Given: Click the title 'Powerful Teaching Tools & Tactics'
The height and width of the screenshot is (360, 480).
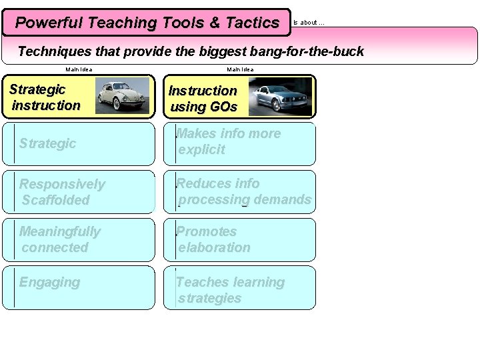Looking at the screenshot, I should pyautogui.click(x=147, y=23).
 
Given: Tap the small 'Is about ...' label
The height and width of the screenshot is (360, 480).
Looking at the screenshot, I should pyautogui.click(x=309, y=23).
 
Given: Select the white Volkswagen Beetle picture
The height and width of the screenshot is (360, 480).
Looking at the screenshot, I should pyautogui.click(x=122, y=95).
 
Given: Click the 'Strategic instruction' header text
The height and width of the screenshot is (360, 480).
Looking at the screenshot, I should pyautogui.click(x=45, y=97).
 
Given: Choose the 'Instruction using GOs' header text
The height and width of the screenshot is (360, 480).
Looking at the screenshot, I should pyautogui.click(x=203, y=99).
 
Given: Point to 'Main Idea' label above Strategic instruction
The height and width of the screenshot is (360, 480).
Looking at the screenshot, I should pyautogui.click(x=79, y=69).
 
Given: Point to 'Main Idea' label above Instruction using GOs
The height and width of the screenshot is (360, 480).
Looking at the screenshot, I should pyautogui.click(x=240, y=69).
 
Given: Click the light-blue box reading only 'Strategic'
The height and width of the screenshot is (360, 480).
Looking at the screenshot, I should pyautogui.click(x=79, y=143).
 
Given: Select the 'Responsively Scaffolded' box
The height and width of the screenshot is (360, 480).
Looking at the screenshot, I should pyautogui.click(x=79, y=192).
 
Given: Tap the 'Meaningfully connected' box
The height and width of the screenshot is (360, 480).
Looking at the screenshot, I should pyautogui.click(x=79, y=240).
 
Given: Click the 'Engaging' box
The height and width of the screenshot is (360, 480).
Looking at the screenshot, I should pyautogui.click(x=79, y=288).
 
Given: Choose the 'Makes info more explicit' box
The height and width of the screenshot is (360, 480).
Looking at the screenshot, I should pyautogui.click(x=239, y=143).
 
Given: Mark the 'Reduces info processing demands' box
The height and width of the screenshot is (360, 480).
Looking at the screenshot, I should pyautogui.click(x=239, y=192).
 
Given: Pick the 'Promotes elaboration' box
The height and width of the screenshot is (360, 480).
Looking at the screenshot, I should pyautogui.click(x=239, y=240).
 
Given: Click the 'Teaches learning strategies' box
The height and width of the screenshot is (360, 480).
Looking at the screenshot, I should pyautogui.click(x=239, y=290).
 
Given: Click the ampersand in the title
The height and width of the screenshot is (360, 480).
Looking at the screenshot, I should pyautogui.click(x=214, y=23).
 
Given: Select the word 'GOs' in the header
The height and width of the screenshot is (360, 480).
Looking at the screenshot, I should pyautogui.click(x=223, y=107).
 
